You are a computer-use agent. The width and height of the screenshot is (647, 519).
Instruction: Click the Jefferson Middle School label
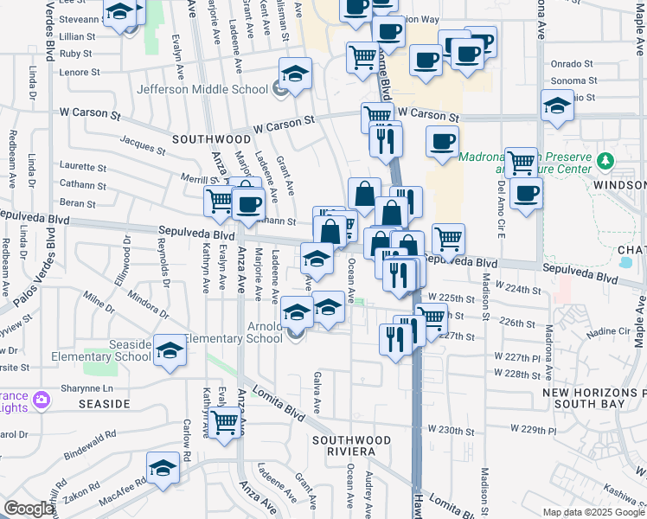point(202,89)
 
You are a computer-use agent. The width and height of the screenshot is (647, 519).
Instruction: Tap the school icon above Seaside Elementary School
point(170,349)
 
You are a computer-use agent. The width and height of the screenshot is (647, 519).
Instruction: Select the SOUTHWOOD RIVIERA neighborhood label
point(343,445)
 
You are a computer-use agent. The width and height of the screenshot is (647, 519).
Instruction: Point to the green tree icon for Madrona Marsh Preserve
point(606,160)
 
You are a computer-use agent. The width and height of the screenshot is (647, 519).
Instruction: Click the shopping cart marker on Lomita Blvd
point(225,422)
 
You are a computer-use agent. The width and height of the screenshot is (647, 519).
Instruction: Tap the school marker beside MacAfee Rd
point(163,467)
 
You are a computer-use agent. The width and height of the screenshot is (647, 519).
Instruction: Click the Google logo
point(29,509)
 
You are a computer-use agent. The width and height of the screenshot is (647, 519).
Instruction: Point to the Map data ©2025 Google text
point(593,512)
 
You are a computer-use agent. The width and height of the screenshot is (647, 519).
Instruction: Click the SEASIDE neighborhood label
point(102,404)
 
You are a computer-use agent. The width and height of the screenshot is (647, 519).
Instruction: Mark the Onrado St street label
point(571,63)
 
